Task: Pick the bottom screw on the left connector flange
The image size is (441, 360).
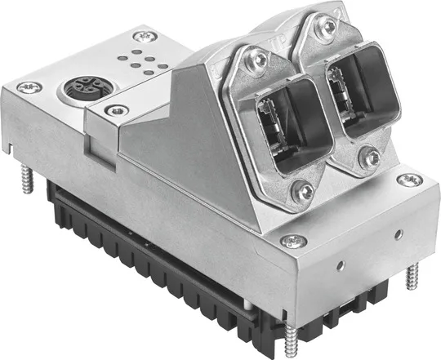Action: pyautogui.click(x=305, y=193)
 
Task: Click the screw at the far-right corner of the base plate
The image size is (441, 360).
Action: pyautogui.click(x=414, y=179)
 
